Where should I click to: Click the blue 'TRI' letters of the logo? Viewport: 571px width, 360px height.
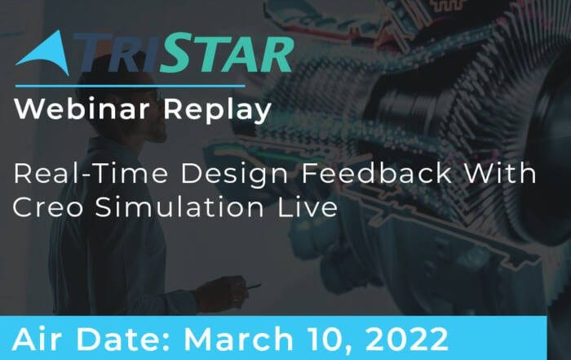coord(116,53)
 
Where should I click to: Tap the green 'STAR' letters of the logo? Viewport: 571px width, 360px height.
coord(227,53)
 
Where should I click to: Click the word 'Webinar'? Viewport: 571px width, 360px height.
coord(82,109)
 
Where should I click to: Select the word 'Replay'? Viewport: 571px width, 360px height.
coord(218,110)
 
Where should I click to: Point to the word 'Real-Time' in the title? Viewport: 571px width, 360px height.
coord(91,173)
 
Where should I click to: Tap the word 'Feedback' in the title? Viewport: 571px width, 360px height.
coord(377,173)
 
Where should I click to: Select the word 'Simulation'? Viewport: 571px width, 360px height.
coord(179,207)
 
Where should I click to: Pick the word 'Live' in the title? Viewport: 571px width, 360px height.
coord(308,207)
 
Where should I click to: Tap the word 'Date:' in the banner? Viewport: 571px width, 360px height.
coord(124,340)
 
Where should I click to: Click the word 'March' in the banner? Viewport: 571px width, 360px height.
coord(238,340)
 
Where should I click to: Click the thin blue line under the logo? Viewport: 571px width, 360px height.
coord(131,87)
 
